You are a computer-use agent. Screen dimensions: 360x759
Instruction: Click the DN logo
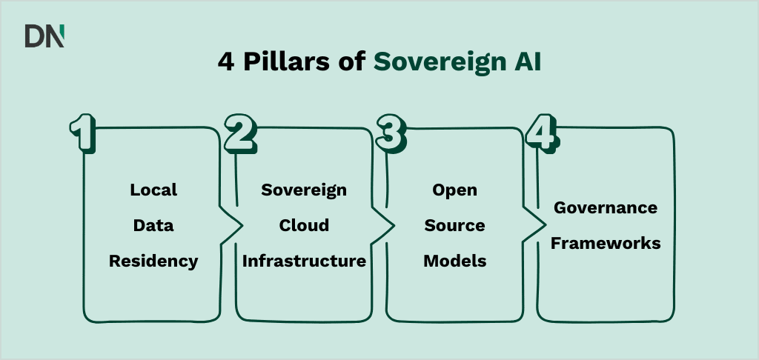pyautogui.click(x=44, y=36)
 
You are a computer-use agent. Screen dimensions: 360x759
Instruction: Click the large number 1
pyautogui.click(x=82, y=133)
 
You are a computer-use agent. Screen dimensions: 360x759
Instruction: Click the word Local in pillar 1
pyautogui.click(x=153, y=190)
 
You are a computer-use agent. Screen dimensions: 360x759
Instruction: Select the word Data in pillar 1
pyautogui.click(x=153, y=225)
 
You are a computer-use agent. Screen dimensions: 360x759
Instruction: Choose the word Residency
pyautogui.click(x=153, y=261)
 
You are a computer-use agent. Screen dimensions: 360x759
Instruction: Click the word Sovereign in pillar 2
pyautogui.click(x=304, y=190)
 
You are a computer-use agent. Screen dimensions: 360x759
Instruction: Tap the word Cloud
pyautogui.click(x=304, y=225)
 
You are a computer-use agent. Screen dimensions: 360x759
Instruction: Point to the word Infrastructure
pyautogui.click(x=304, y=261)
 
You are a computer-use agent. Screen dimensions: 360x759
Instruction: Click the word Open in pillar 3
pyautogui.click(x=455, y=190)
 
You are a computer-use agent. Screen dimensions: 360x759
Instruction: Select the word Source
pyautogui.click(x=455, y=225)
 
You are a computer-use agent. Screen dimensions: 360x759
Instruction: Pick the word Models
pyautogui.click(x=455, y=261)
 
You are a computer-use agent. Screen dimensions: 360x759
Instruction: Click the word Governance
pyautogui.click(x=606, y=207)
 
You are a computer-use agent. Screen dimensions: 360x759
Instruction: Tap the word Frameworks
pyautogui.click(x=606, y=243)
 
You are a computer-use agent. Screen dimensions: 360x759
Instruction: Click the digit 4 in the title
pyautogui.click(x=225, y=62)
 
